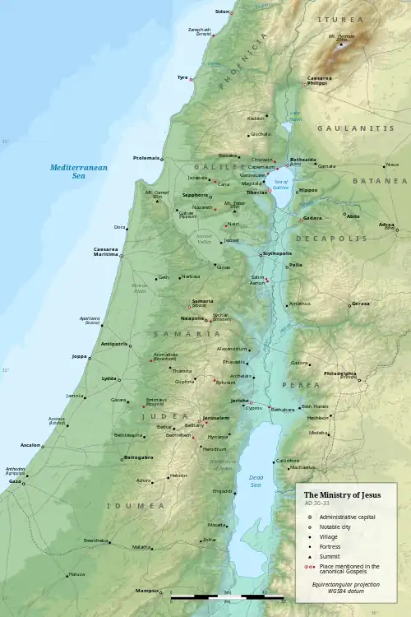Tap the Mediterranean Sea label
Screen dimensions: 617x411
click(78, 171)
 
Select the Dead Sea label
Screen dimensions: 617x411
click(256, 480)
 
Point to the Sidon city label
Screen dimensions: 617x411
click(222, 12)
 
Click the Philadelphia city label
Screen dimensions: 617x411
click(340, 373)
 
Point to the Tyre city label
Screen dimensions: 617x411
click(182, 78)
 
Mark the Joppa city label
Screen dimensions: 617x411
click(80, 356)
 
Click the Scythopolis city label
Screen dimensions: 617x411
click(277, 253)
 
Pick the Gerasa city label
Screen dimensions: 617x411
click(361, 304)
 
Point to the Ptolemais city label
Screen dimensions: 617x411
click(145, 157)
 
